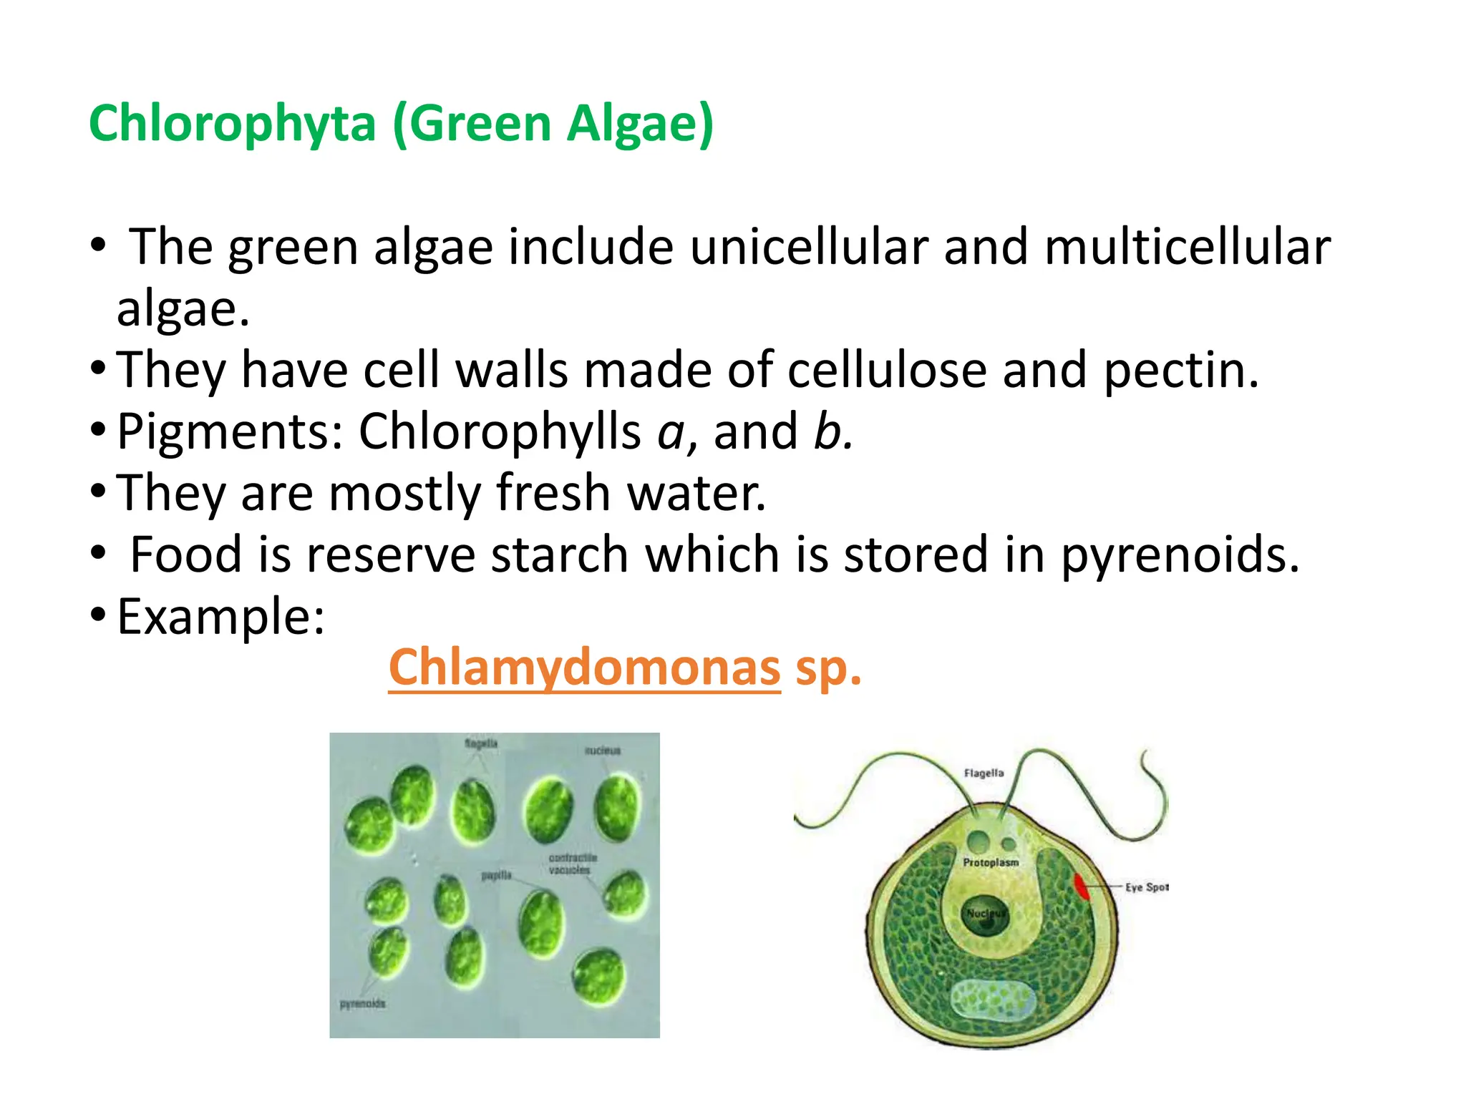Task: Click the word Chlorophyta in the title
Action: pyautogui.click(x=232, y=123)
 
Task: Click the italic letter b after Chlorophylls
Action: pyautogui.click(x=829, y=432)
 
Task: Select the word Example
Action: pyautogui.click(x=220, y=617)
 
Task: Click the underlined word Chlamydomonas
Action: pyautogui.click(x=583, y=668)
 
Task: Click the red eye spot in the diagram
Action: pyautogui.click(x=1081, y=886)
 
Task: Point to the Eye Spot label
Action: pyautogui.click(x=1146, y=887)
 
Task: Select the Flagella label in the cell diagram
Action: pyautogui.click(x=984, y=773)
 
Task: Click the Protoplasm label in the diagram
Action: pyautogui.click(x=990, y=863)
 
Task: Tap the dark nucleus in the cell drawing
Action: pyautogui.click(x=985, y=917)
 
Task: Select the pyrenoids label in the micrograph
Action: pyautogui.click(x=362, y=1004)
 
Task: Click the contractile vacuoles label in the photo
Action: pyautogui.click(x=571, y=864)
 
